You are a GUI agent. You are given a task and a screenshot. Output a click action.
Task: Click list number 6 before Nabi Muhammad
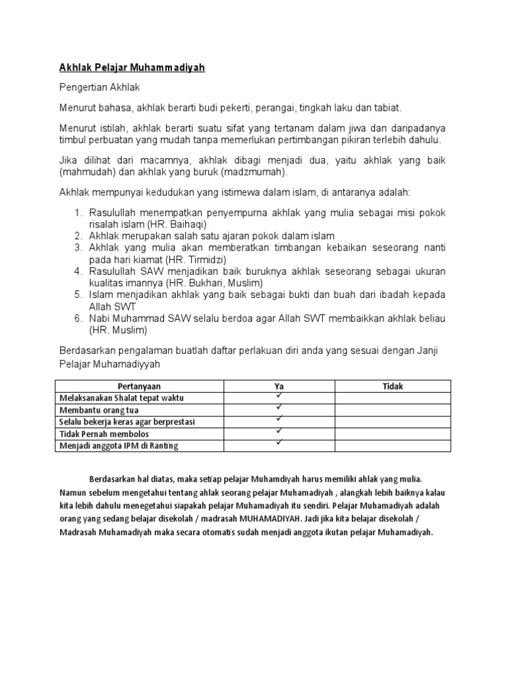77,318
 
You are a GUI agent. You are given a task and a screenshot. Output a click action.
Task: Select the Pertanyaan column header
139,386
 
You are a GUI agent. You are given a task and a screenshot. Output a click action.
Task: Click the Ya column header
279,386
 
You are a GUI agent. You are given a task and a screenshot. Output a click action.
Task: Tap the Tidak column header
393,386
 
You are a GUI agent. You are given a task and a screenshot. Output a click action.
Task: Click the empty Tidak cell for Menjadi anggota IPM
393,446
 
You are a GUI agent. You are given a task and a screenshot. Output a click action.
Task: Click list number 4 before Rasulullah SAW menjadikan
77,271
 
